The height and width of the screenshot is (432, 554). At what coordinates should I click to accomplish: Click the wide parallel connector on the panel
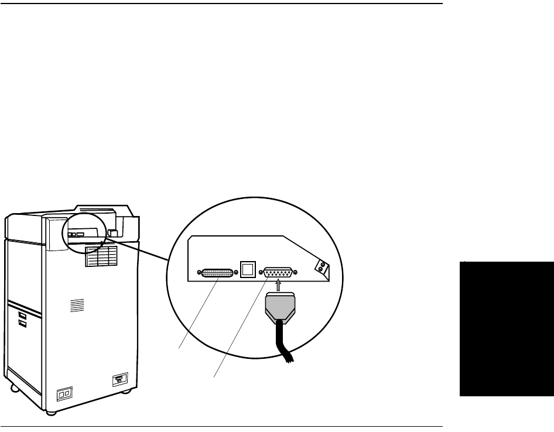(x=218, y=272)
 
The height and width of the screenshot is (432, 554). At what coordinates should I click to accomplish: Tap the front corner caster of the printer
(x=51, y=412)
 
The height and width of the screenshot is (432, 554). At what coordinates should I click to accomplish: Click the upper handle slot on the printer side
(x=22, y=307)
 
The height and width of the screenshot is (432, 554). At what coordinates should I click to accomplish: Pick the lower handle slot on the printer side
(x=22, y=322)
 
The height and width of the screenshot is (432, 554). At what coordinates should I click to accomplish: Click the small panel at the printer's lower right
(x=120, y=380)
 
